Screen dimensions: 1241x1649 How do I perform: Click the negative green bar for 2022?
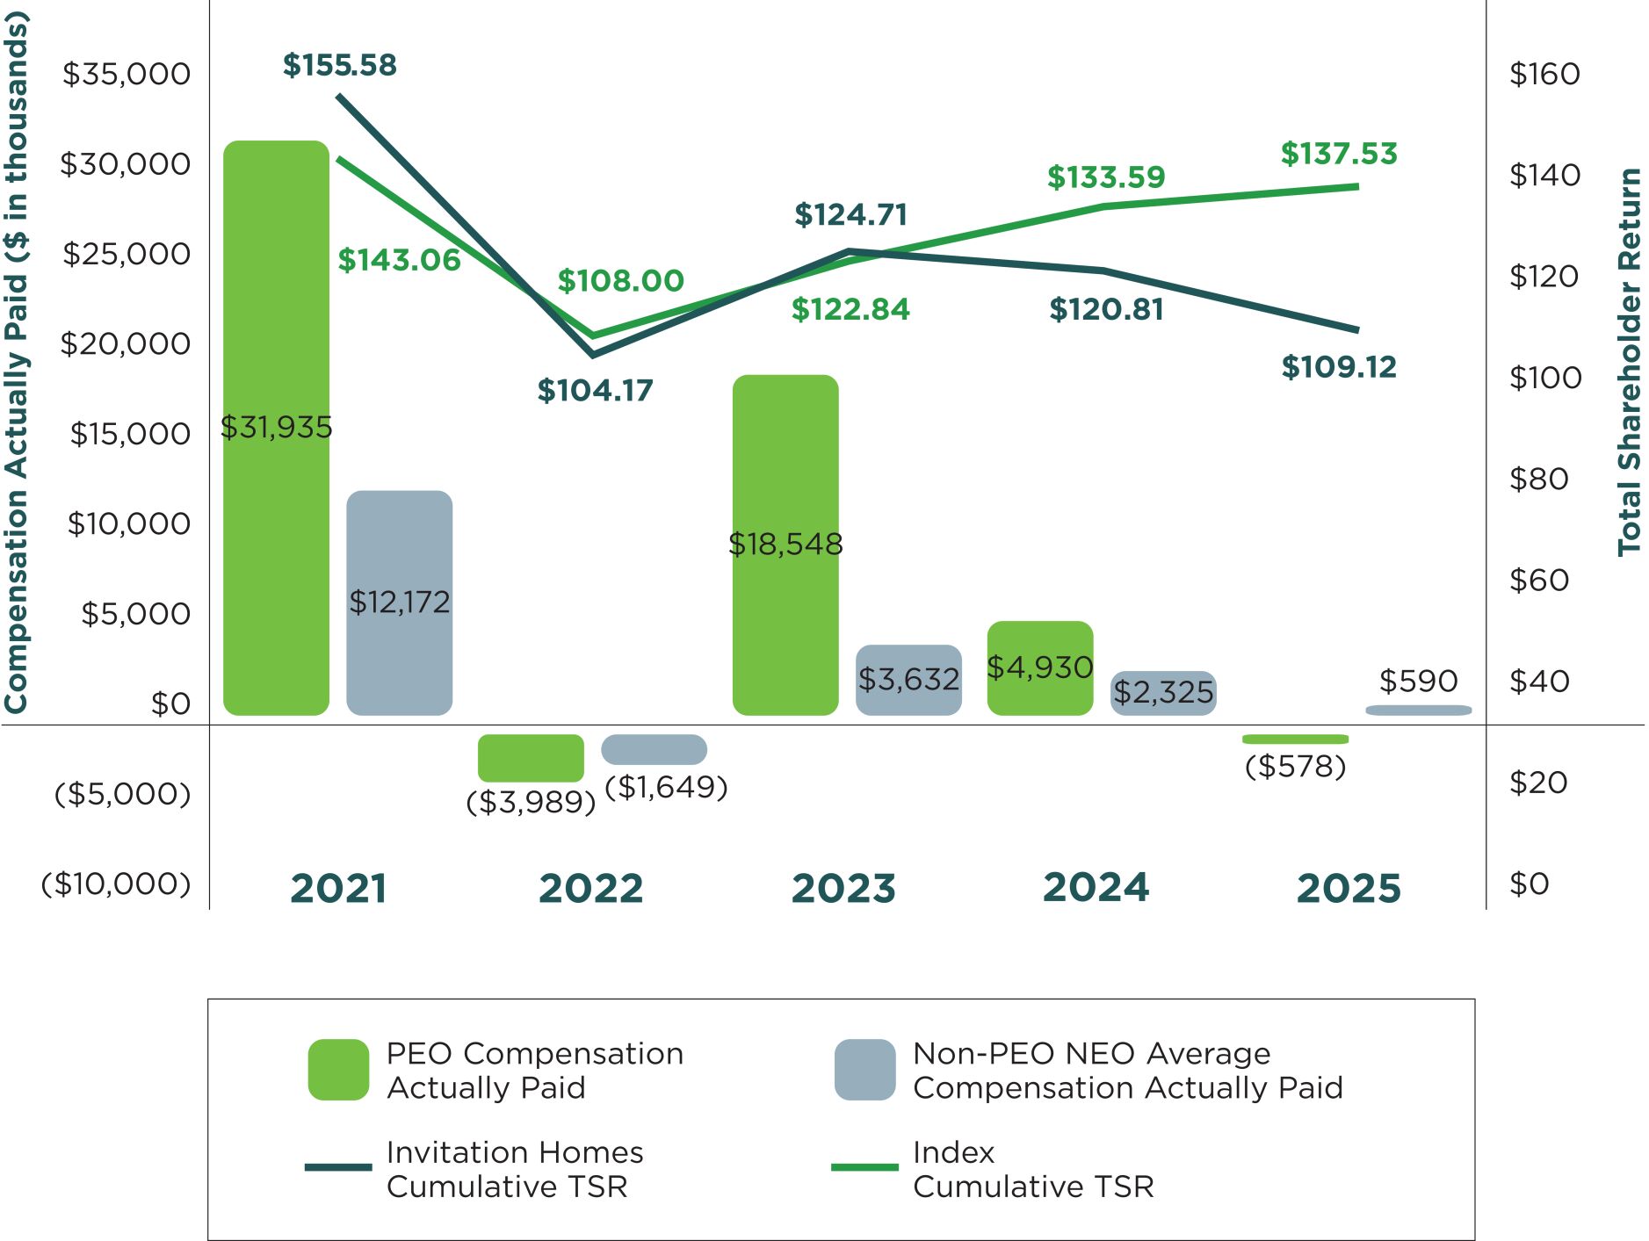pyautogui.click(x=531, y=757)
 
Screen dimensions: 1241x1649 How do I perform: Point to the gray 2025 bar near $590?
pyautogui.click(x=1418, y=710)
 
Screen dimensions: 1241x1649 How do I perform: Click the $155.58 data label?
pyautogui.click(x=340, y=65)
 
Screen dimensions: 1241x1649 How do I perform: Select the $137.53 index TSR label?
pyautogui.click(x=1338, y=154)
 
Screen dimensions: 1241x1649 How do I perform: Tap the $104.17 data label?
pyautogui.click(x=595, y=391)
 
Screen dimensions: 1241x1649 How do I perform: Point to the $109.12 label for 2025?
pyautogui.click(x=1338, y=367)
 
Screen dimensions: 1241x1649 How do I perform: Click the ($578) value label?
pyautogui.click(x=1295, y=767)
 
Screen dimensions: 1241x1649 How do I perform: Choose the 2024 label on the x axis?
pyautogui.click(x=1096, y=888)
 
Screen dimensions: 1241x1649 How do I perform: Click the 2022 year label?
pyautogui.click(x=590, y=888)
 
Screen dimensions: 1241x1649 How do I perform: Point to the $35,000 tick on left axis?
pyautogui.click(x=126, y=74)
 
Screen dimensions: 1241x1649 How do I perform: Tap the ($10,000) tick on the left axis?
pyautogui.click(x=116, y=884)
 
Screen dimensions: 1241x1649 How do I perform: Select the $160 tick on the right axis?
pyautogui.click(x=1544, y=74)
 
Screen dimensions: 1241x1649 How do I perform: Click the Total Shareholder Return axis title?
pyautogui.click(x=1629, y=362)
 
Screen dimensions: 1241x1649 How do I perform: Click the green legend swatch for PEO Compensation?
pyautogui.click(x=338, y=1070)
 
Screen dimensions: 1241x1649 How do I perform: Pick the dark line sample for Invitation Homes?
pyautogui.click(x=338, y=1167)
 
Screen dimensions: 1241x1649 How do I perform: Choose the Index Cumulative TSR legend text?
pyautogui.click(x=1032, y=1169)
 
